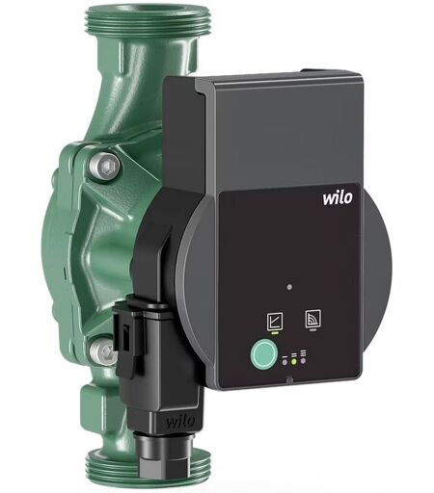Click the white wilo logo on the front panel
coord(338,197)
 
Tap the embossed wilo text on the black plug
coord(180,421)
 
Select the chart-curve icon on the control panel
coord(275,321)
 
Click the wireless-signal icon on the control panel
coord(312,319)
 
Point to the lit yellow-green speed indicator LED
coord(293,362)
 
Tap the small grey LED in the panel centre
coord(289,287)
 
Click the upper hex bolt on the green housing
coord(104,167)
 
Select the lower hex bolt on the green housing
coord(102,351)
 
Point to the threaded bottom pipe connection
coord(147,470)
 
